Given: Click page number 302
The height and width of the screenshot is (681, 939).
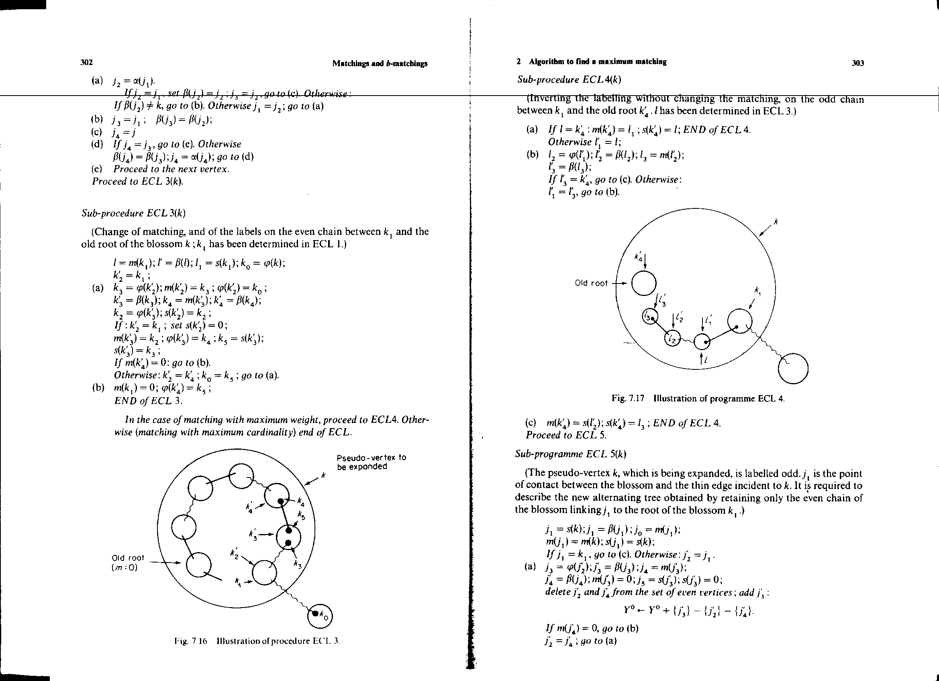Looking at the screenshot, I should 86,63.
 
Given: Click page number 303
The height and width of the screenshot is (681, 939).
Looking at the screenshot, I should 857,63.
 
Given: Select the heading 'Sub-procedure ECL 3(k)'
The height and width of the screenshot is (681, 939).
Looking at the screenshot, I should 133,213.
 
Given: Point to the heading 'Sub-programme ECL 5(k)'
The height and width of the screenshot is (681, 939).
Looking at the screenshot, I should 571,454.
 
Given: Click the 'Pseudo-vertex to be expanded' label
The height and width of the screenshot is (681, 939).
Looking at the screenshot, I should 371,462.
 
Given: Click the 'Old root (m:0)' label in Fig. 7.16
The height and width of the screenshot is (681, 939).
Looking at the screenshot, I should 128,562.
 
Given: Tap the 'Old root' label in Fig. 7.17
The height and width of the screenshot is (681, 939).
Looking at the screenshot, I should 591,283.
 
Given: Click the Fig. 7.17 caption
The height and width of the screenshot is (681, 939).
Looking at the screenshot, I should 698,399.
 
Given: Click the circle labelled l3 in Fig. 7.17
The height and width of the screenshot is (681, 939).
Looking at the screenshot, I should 649,317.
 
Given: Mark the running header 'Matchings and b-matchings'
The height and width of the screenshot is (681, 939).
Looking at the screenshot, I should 380,63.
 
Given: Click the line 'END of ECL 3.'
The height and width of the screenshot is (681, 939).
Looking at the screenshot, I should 148,401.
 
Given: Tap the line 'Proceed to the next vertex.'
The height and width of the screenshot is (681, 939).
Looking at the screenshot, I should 171,169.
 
